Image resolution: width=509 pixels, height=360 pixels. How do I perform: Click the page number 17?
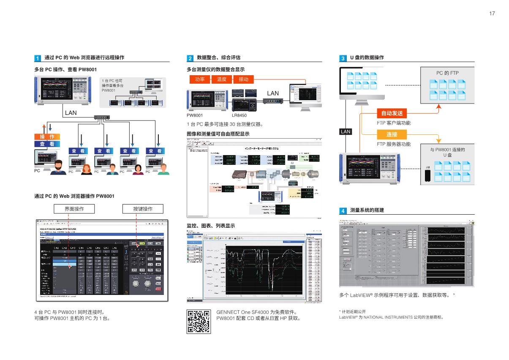(x=492, y=14)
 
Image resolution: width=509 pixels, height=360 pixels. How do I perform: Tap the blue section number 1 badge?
(x=38, y=58)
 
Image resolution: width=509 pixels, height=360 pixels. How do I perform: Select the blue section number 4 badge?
(x=343, y=210)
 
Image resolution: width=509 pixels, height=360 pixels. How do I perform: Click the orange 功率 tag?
(x=197, y=79)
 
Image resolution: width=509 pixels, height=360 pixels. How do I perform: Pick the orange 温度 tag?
(x=222, y=79)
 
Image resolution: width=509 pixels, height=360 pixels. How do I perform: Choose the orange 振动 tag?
(x=244, y=79)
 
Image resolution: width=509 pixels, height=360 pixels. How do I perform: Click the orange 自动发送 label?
(x=392, y=113)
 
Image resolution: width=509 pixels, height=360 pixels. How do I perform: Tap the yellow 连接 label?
(x=392, y=134)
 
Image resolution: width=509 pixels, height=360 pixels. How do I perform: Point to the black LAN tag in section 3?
(x=346, y=131)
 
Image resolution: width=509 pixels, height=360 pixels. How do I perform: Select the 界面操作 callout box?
(x=74, y=209)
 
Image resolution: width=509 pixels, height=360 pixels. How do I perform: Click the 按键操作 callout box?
(x=142, y=209)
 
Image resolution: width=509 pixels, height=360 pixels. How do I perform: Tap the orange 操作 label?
(x=47, y=137)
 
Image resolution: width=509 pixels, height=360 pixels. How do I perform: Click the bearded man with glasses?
(x=58, y=167)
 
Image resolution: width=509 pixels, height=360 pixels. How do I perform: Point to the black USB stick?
(x=427, y=174)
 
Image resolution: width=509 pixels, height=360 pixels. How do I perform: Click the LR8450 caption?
(x=239, y=115)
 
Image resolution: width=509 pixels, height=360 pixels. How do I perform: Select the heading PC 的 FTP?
(x=447, y=73)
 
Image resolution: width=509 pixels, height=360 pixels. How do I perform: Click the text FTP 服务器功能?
(x=393, y=144)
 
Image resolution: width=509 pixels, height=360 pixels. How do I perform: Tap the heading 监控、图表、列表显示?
(x=210, y=226)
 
